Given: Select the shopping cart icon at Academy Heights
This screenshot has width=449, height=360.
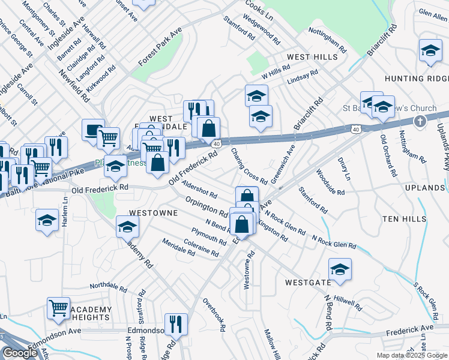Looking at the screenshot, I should coord(59,308).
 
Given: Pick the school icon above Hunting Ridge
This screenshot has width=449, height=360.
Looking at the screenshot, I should coord(430,51).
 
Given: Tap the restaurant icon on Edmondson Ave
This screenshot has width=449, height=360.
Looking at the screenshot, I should coord(176,325).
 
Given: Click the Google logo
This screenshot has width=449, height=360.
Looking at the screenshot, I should coord(20,353).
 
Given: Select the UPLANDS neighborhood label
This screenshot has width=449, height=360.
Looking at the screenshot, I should coord(424,188).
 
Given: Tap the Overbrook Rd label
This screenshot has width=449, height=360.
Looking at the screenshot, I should coord(214,315).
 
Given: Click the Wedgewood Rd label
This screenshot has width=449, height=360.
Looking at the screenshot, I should coord(262,31).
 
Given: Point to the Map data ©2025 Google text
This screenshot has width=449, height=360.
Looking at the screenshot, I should coord(412,355).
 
